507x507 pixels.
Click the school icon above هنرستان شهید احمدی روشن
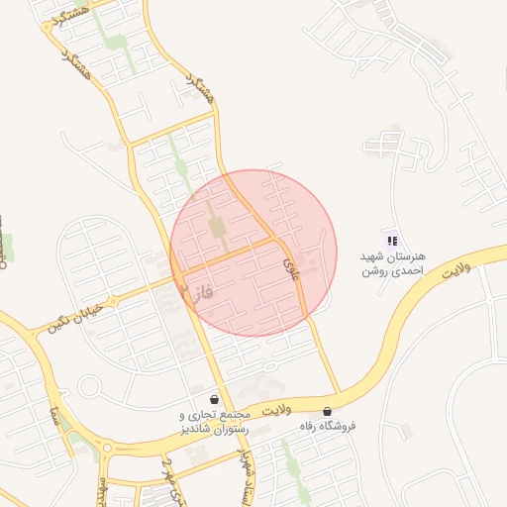(x=392, y=240)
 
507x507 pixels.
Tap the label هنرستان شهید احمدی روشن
(x=393, y=262)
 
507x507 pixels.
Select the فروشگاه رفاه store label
(x=327, y=426)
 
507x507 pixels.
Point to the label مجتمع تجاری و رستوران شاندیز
(x=216, y=419)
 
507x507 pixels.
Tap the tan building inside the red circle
(x=217, y=226)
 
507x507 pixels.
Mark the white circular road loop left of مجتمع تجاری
(x=90, y=386)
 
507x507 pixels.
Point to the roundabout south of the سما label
(x=106, y=452)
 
